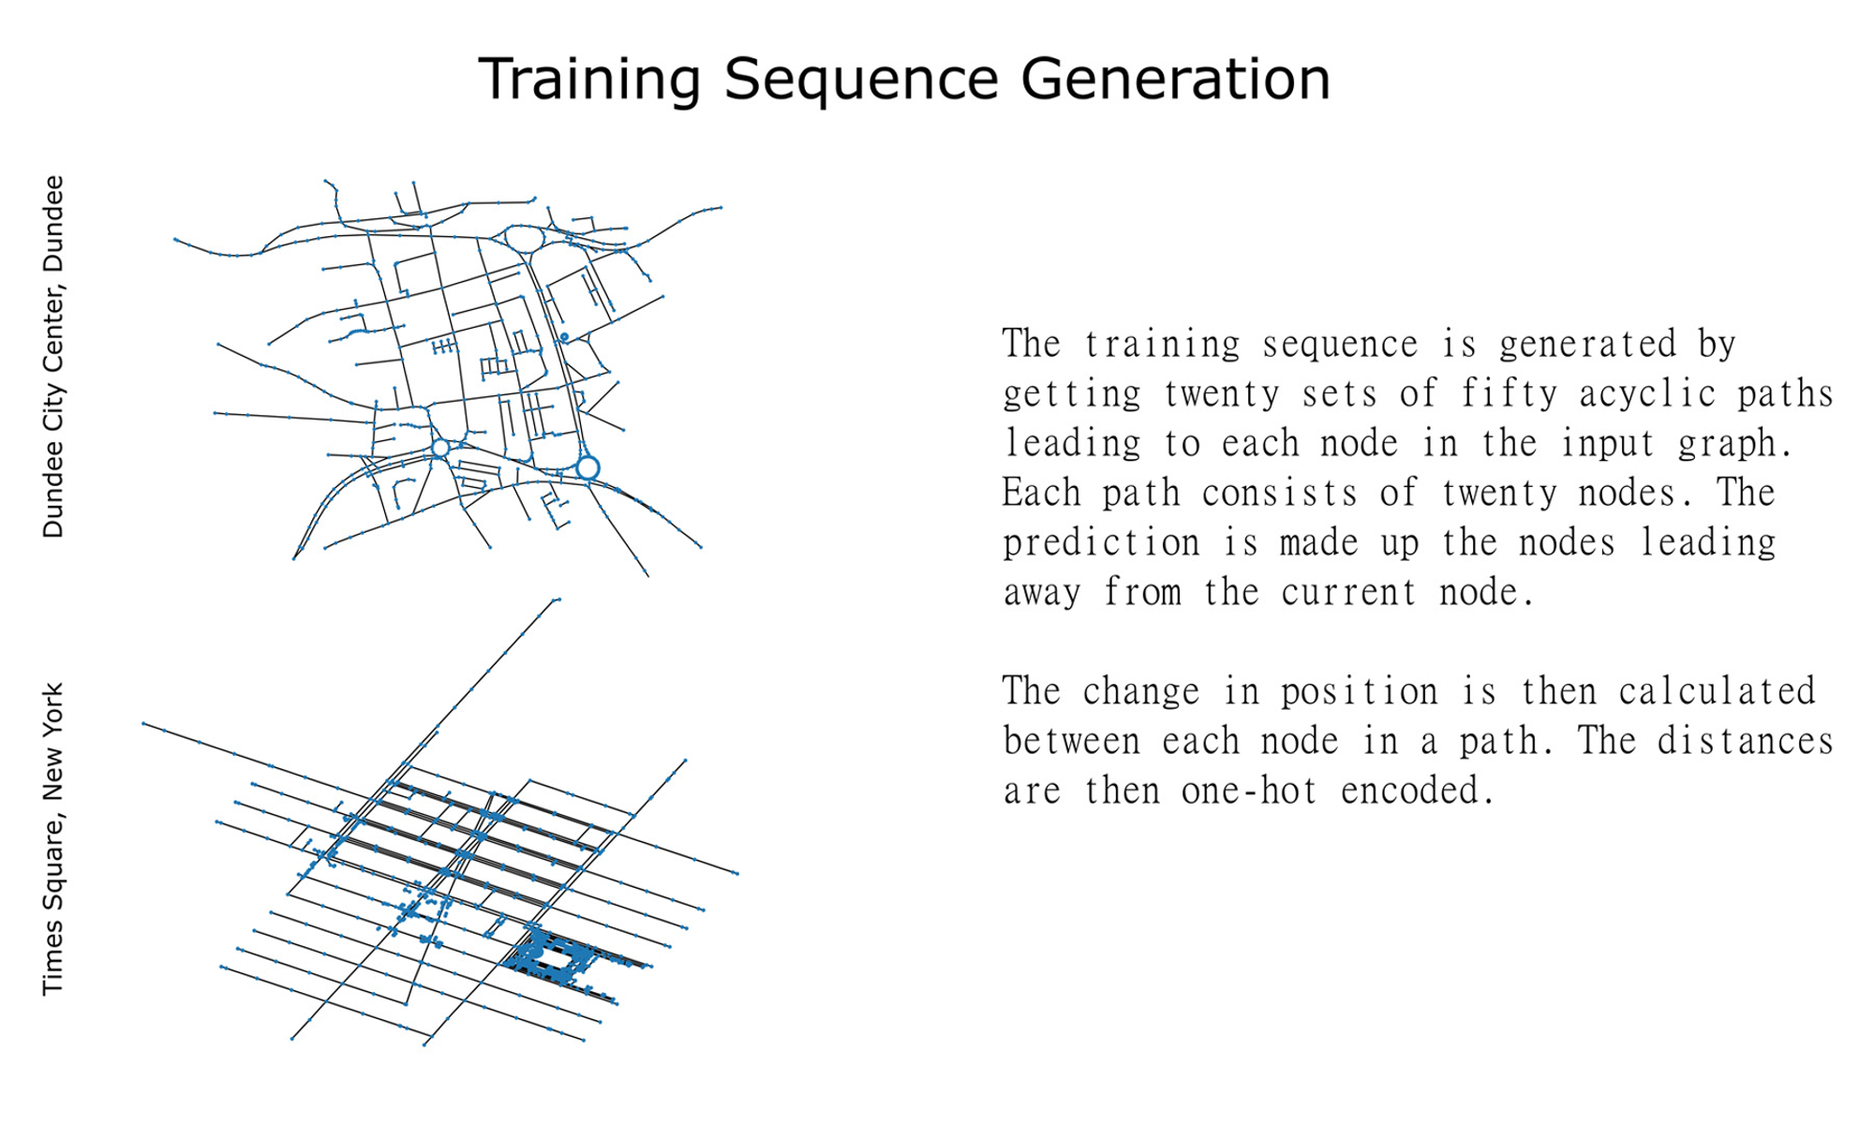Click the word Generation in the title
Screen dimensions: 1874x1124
[1175, 79]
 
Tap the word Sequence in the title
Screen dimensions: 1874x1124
[861, 81]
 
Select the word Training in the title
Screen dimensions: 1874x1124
[589, 81]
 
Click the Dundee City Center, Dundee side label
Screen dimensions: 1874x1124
[53, 357]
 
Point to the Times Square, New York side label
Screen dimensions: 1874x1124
[53, 839]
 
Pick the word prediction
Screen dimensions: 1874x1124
[1101, 543]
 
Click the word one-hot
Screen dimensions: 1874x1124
[1249, 791]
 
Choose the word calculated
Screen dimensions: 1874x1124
[1717, 691]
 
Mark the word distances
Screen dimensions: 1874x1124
[1745, 741]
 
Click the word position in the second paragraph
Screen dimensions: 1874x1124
[1359, 691]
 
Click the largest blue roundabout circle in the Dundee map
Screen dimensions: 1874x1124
[587, 456]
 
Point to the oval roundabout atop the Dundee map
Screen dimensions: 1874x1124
[525, 227]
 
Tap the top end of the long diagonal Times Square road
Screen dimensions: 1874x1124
[558, 599]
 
